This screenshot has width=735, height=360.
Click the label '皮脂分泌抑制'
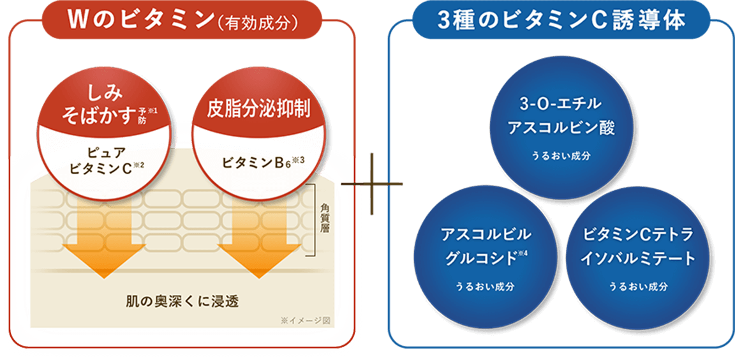259,109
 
